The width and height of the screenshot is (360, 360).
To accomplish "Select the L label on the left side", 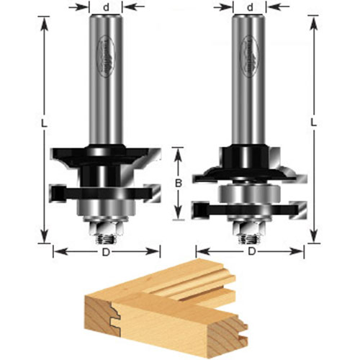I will coord(44,125).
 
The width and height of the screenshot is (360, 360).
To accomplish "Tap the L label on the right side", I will coord(313,122).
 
